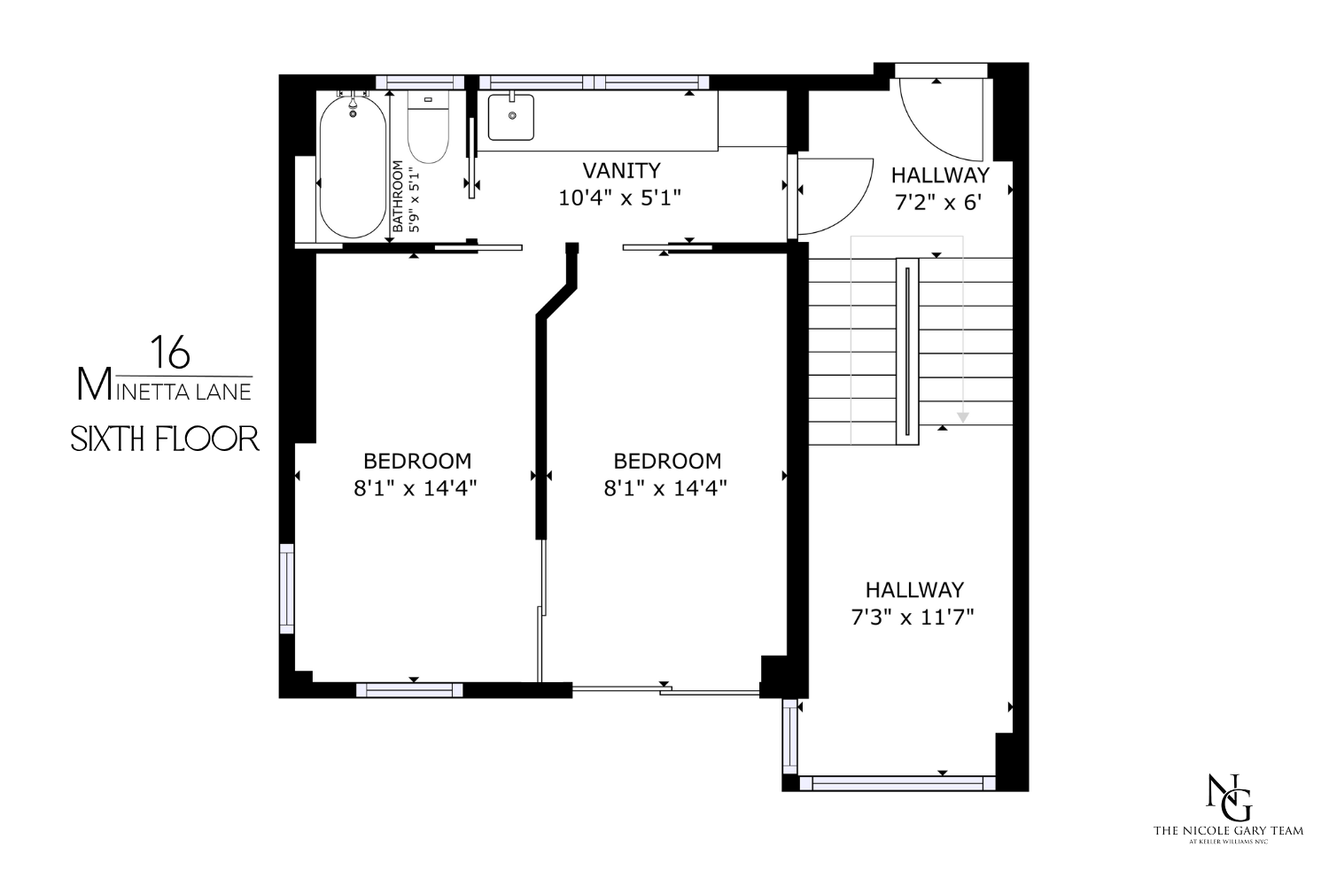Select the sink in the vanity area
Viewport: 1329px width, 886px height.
point(511,117)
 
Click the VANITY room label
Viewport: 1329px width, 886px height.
point(620,170)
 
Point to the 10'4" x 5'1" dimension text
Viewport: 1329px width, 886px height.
point(619,198)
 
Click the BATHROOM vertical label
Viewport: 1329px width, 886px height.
point(398,197)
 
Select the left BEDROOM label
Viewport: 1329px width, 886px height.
point(417,461)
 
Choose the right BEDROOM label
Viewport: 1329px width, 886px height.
point(667,461)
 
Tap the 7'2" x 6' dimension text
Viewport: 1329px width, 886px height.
point(939,203)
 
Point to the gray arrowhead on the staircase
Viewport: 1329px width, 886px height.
point(962,417)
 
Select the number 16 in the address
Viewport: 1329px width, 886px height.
point(169,353)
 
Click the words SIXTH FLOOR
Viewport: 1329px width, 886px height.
point(165,439)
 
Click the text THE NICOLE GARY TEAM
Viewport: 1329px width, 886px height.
point(1227,830)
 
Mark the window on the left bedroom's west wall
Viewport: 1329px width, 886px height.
point(287,588)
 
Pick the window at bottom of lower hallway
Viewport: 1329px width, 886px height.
point(897,782)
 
